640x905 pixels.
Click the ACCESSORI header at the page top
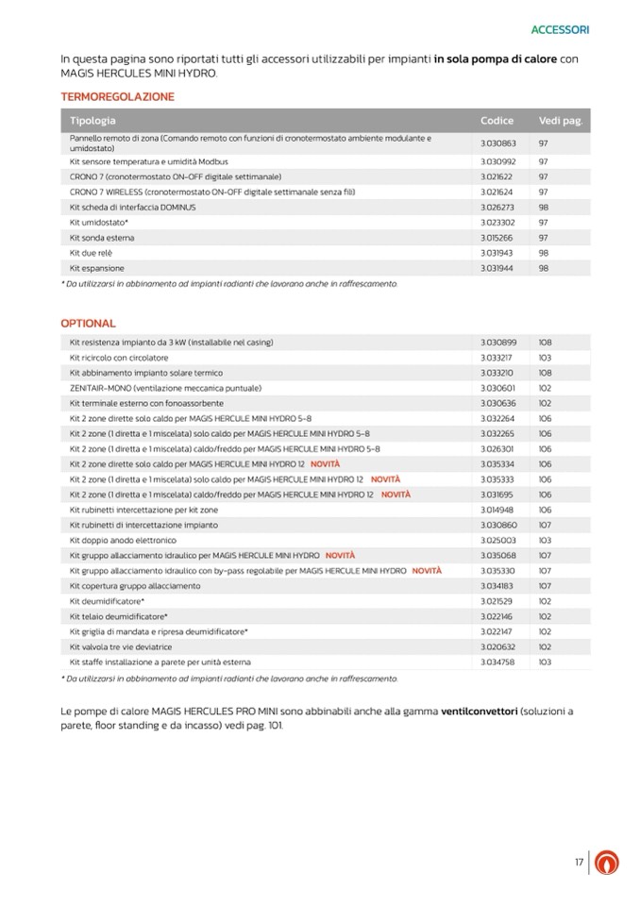click(560, 29)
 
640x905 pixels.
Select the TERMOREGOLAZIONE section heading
click(117, 96)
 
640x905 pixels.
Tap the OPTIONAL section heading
click(88, 323)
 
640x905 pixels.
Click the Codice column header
click(497, 121)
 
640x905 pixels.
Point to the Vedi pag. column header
click(561, 121)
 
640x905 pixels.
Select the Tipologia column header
click(93, 121)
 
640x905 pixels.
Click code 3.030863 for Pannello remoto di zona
click(498, 142)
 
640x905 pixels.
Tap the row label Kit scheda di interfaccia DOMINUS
click(133, 207)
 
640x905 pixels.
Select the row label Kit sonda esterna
click(103, 238)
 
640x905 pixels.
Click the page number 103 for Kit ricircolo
click(545, 358)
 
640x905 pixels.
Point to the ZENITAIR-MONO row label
click(152, 388)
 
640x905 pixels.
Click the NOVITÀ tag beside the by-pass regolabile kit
click(427, 571)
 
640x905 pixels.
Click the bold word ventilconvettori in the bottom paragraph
click(479, 711)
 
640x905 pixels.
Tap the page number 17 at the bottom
click(578, 862)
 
